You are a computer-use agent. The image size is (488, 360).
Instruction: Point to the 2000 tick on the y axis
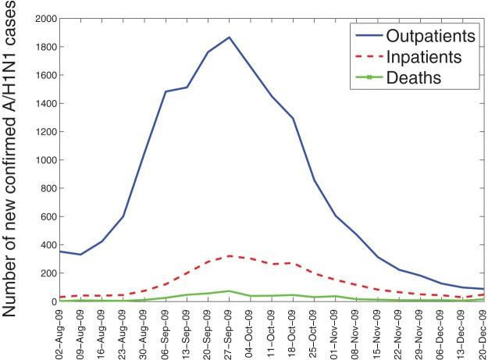pos(46,18)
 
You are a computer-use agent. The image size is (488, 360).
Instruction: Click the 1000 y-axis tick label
pos(46,160)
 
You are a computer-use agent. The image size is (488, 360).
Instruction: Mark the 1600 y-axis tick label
pos(46,75)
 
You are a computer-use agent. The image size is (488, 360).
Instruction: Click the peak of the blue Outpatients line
pos(230,37)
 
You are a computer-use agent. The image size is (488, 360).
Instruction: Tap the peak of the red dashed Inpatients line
pos(230,255)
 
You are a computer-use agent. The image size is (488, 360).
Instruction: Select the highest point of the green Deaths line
pos(230,290)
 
